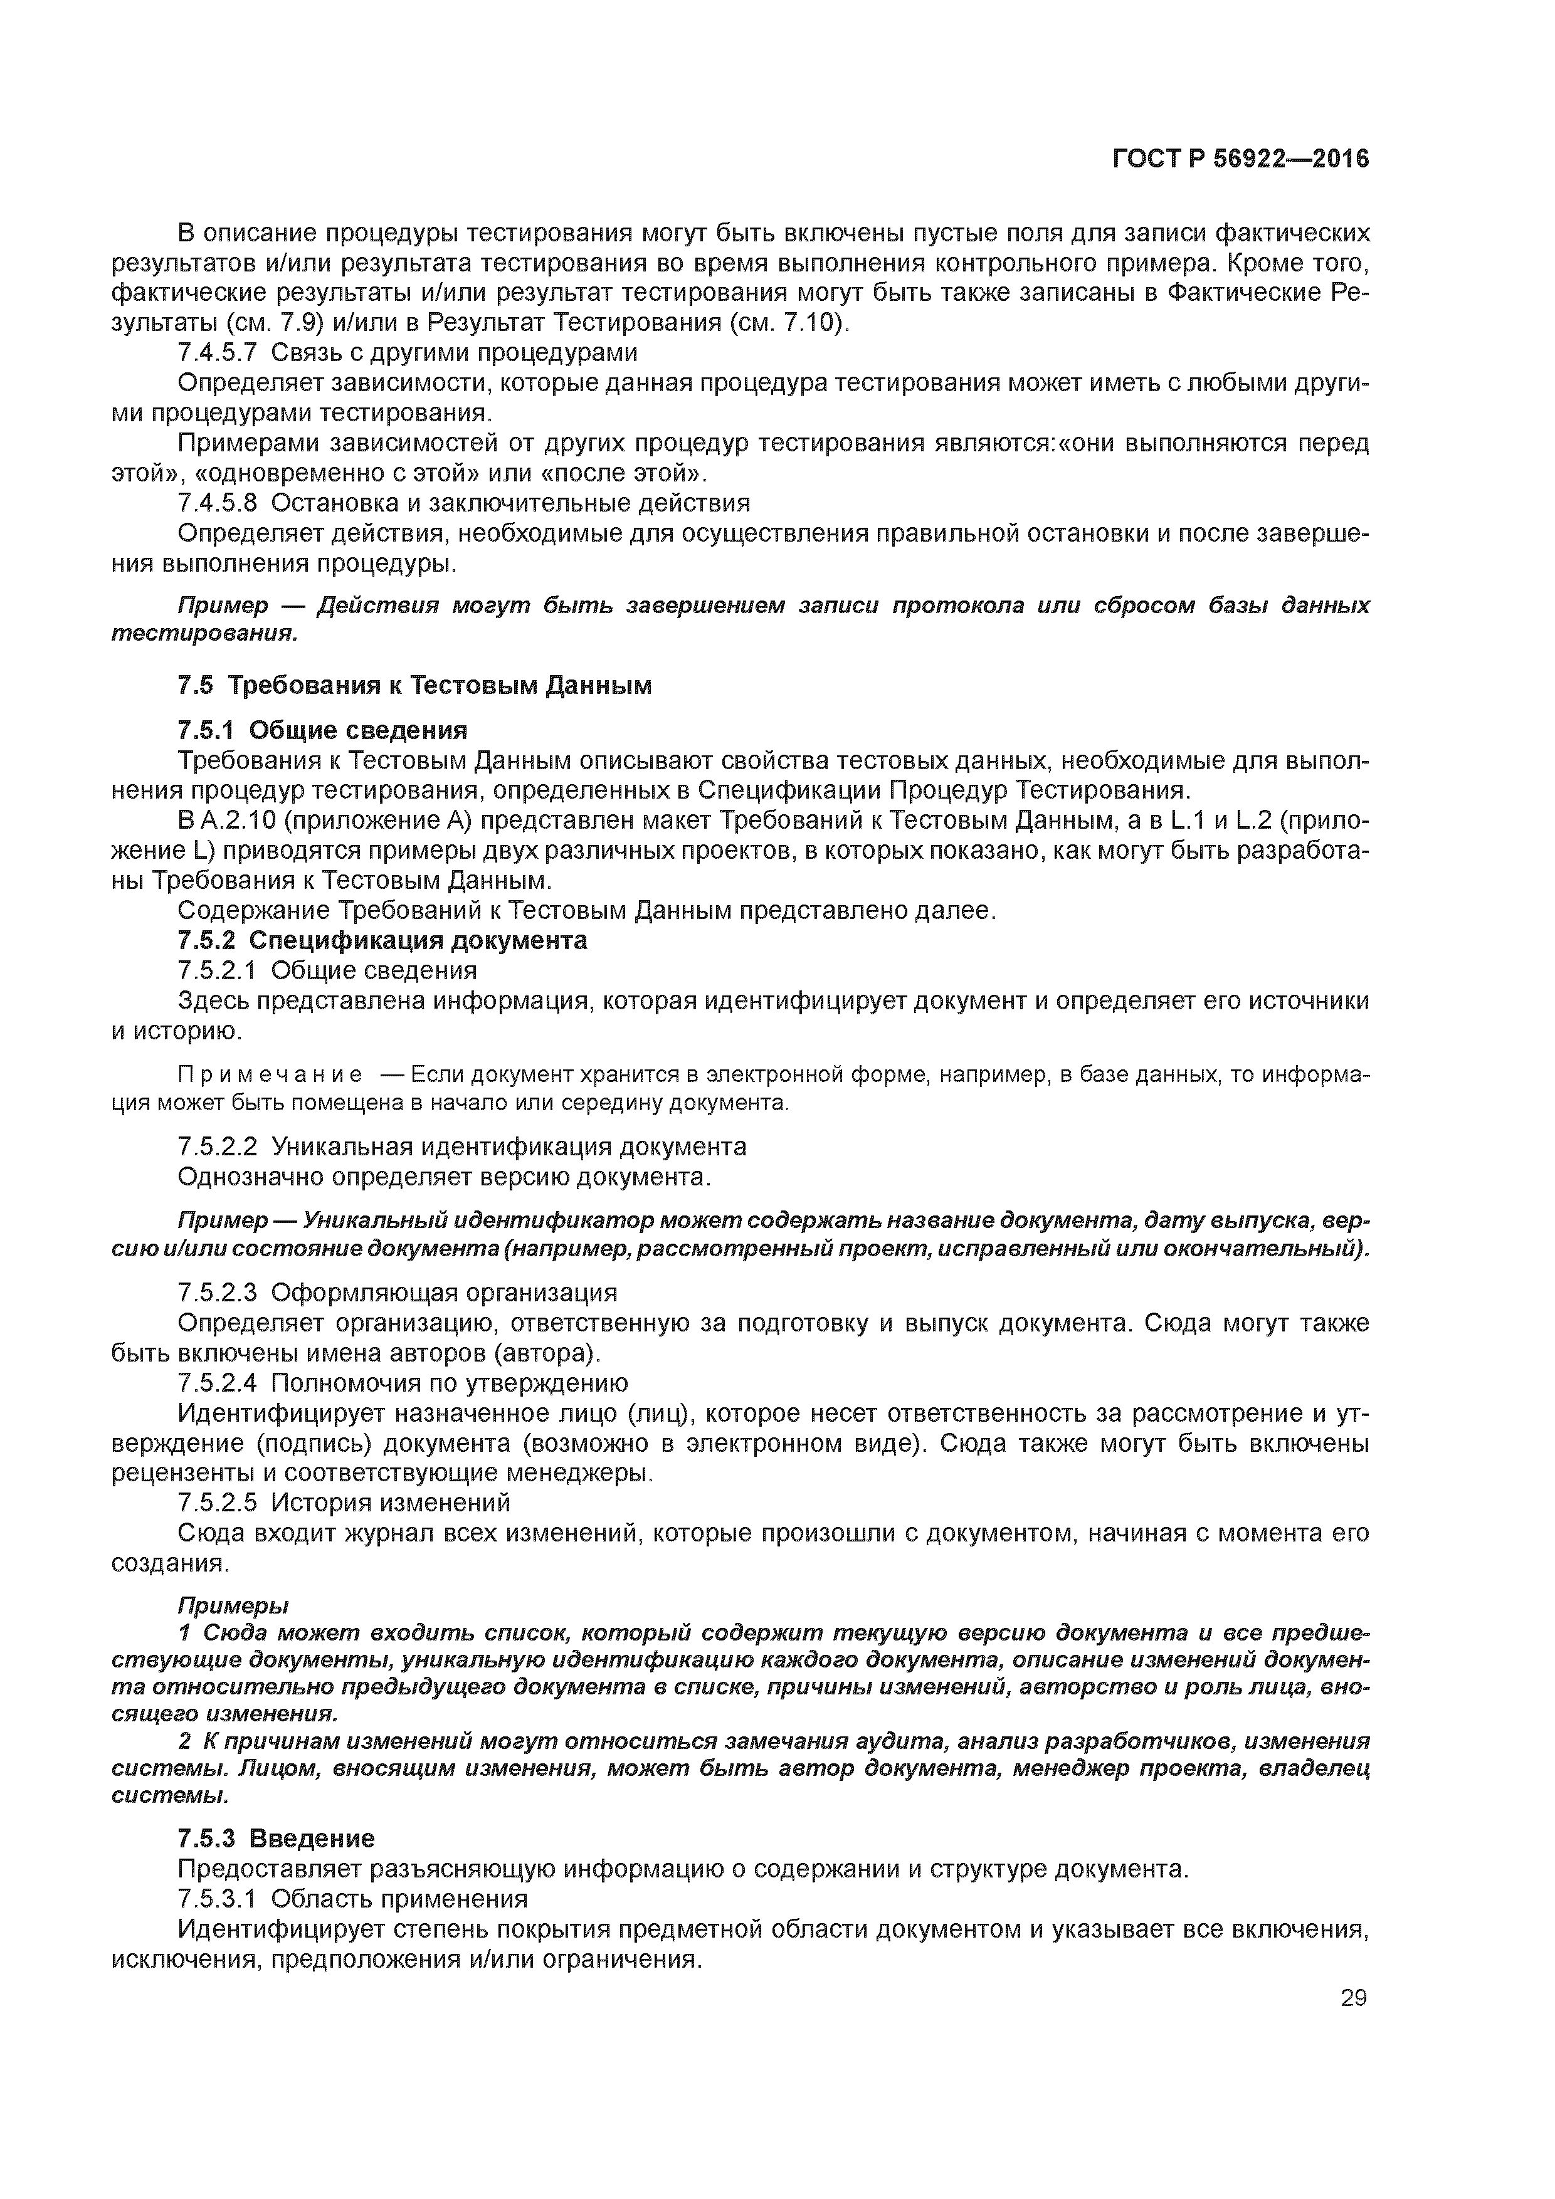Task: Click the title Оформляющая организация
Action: coord(443,1293)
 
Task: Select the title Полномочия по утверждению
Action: coord(450,1383)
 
